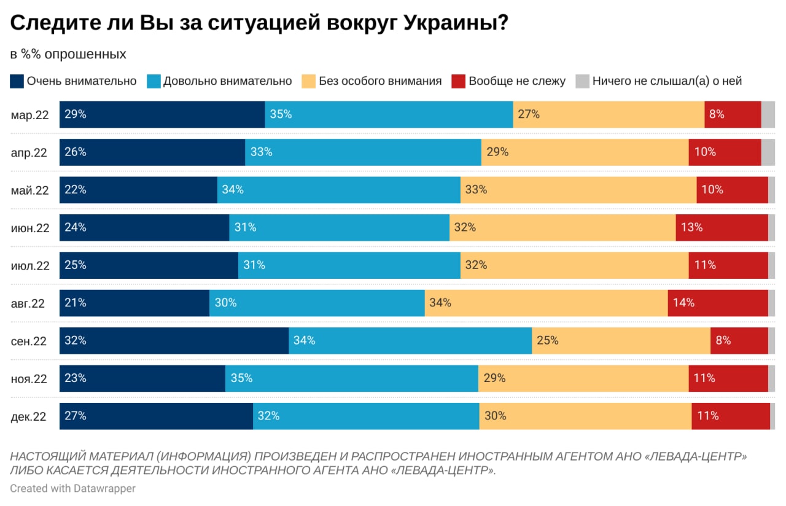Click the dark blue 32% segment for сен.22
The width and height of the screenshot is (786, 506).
click(x=174, y=340)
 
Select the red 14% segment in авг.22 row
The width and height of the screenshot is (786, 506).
click(x=717, y=303)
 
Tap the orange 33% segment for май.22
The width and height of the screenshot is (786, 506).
click(x=578, y=190)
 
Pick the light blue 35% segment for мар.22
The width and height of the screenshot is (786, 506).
click(x=389, y=114)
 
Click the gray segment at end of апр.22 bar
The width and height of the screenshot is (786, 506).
click(x=768, y=152)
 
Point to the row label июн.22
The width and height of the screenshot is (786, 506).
click(x=30, y=228)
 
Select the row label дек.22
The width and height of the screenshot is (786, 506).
click(x=29, y=416)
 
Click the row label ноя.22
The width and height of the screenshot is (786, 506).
click(x=29, y=379)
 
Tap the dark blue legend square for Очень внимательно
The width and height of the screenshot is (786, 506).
click(x=17, y=81)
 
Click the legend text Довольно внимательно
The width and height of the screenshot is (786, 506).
click(x=227, y=81)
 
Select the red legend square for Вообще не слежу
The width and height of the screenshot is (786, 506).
click(x=458, y=81)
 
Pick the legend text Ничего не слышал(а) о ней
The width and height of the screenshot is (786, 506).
click(x=667, y=81)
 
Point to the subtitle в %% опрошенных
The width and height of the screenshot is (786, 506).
click(x=68, y=54)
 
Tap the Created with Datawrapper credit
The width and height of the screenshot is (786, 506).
click(x=72, y=488)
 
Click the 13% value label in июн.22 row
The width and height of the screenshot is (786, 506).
click(x=691, y=227)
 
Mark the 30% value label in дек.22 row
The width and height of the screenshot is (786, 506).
click(x=495, y=416)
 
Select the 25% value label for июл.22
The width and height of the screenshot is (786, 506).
click(x=76, y=265)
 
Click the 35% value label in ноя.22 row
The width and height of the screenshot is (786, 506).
click(x=241, y=378)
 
